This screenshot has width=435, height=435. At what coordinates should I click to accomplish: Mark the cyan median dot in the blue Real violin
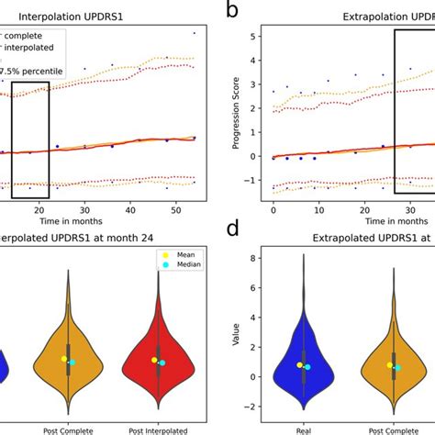click(308, 367)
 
